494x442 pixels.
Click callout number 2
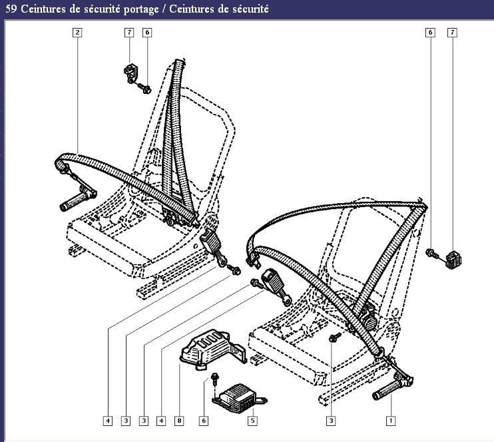78,32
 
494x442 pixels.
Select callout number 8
178,420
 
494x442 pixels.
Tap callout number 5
253,420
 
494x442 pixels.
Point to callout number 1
391,420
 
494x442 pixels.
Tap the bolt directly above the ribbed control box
214,378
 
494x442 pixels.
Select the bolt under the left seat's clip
144,87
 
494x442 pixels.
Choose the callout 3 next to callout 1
331,420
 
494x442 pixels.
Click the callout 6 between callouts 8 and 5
204,420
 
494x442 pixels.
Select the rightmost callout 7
453,32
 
